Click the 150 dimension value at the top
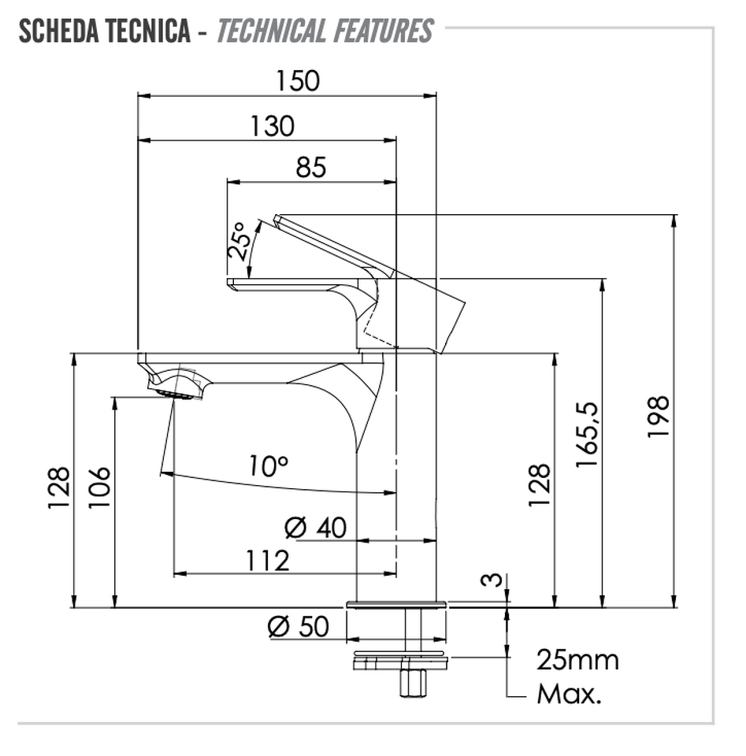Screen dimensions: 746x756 298,81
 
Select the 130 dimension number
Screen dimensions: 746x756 272,126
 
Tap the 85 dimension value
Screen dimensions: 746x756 311,167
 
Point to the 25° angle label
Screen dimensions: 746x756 239,242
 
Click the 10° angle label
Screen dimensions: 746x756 268,466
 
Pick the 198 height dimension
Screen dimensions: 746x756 659,417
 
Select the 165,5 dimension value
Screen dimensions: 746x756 587,435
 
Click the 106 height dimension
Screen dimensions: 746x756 99,487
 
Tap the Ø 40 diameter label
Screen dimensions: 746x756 315,528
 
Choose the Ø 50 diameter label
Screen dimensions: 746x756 298,627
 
